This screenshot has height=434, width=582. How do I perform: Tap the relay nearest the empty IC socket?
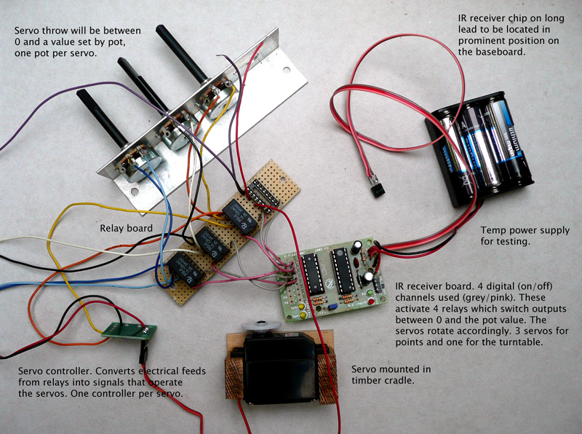(239, 216)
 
